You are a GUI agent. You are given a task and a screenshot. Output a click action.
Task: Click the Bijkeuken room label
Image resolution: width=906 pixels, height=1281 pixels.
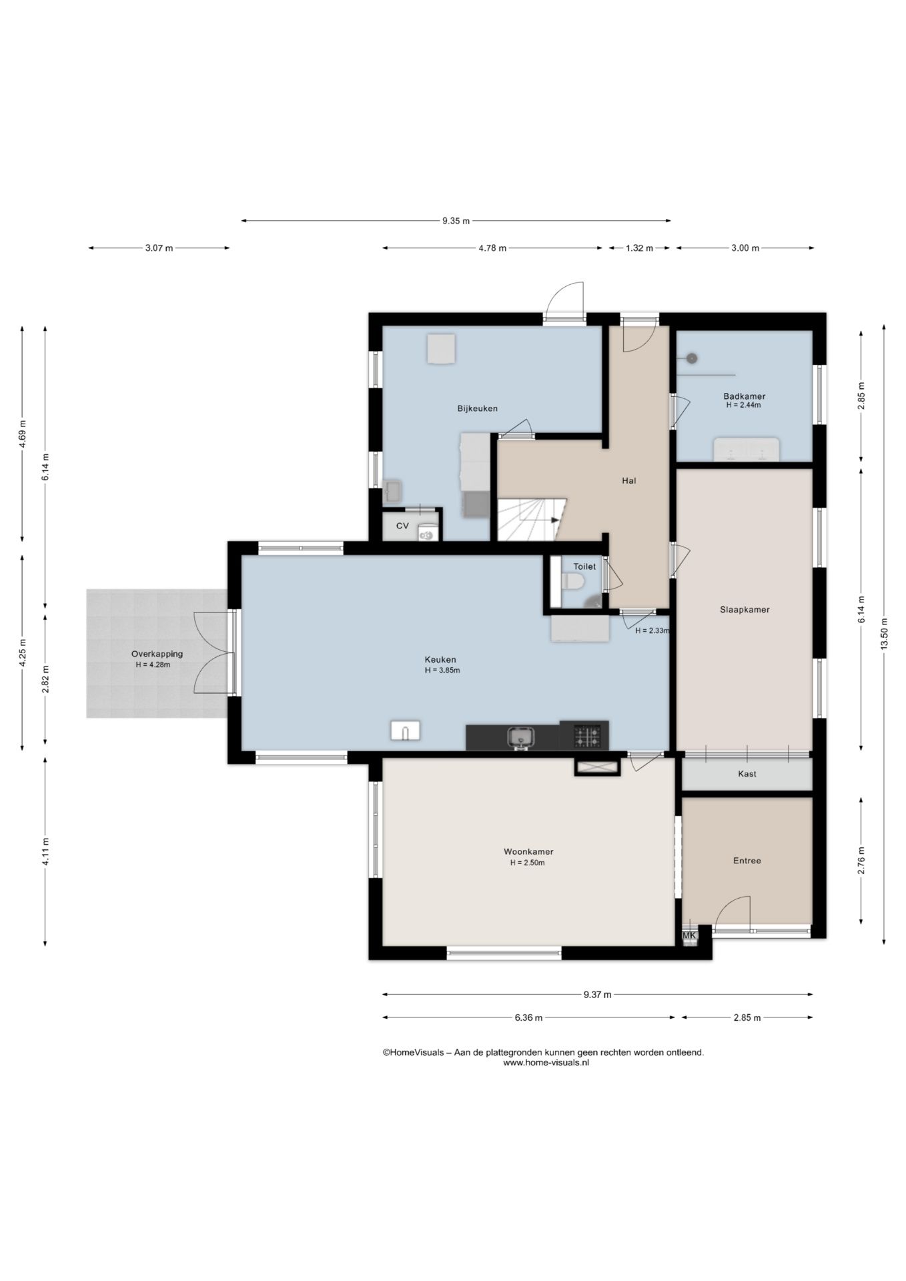[x=477, y=408]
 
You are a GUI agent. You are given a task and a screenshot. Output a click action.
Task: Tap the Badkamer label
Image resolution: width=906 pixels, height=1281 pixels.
[x=744, y=396]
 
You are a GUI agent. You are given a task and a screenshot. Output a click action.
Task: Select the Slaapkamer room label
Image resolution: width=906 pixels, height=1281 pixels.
[x=745, y=609]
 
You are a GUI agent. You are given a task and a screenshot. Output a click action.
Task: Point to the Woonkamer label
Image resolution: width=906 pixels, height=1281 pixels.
[x=528, y=851]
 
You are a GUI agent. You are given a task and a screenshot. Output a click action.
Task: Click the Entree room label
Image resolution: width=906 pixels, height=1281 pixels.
[x=747, y=861]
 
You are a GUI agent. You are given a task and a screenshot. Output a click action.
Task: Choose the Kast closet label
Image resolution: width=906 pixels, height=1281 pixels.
[x=747, y=774]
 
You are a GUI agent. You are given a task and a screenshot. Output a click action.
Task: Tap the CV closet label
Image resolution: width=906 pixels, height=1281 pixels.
[x=402, y=526]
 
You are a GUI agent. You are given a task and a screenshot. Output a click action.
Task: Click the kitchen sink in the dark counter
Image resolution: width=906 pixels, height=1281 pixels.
[x=520, y=737]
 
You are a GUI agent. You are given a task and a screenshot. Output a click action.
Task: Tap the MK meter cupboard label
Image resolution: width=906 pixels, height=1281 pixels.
[x=689, y=935]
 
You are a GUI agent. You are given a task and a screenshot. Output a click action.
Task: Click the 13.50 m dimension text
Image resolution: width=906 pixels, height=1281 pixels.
[x=884, y=634]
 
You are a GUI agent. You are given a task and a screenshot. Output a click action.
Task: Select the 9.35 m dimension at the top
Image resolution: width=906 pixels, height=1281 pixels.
[x=456, y=221]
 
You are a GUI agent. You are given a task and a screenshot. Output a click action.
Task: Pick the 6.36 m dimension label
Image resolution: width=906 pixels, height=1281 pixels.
[x=528, y=1017]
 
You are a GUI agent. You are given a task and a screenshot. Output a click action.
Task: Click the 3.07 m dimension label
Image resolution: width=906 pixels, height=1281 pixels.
[x=159, y=248]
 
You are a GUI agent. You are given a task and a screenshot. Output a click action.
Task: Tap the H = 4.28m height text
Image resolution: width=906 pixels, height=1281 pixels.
[x=153, y=665]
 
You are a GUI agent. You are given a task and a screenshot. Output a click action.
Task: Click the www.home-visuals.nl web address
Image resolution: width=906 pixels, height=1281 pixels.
[x=546, y=1063]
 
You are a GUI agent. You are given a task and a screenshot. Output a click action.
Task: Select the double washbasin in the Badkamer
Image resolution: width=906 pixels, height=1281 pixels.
[x=747, y=449]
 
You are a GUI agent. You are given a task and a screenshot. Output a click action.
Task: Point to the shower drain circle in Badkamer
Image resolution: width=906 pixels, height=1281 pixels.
[x=692, y=358]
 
